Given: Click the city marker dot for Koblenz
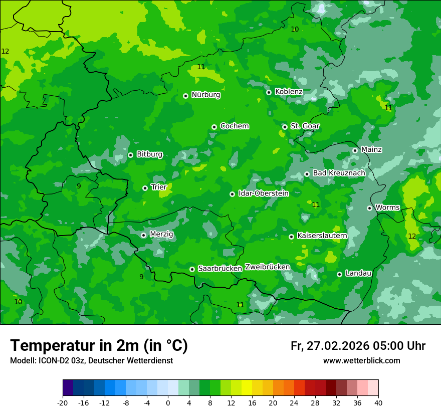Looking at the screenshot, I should (x=269, y=92).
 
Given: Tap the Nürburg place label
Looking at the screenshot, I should (x=205, y=95).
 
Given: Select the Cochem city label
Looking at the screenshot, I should (x=234, y=126).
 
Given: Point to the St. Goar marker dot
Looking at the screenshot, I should (x=285, y=127).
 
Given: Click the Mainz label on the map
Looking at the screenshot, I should (x=371, y=150).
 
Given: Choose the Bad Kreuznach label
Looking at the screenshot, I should (x=339, y=173).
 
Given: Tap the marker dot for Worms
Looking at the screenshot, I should (x=369, y=208).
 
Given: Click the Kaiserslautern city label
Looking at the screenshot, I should (x=322, y=236).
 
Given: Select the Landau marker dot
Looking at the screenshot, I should (x=339, y=274).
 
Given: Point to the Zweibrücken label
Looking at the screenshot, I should (x=267, y=267).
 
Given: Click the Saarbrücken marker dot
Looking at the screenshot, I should (x=192, y=269).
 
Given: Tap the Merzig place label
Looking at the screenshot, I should (x=161, y=235).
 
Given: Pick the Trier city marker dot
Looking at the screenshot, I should (x=145, y=188).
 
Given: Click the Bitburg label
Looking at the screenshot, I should (x=149, y=154).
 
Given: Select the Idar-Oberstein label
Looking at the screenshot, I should (x=263, y=193).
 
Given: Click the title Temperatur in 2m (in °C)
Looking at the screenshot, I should (x=99, y=345).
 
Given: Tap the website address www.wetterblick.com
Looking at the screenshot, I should (x=361, y=361).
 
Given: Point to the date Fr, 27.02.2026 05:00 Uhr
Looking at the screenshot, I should (x=358, y=346).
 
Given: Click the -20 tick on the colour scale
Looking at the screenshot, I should (x=63, y=402).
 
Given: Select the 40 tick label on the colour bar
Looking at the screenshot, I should (x=378, y=402).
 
